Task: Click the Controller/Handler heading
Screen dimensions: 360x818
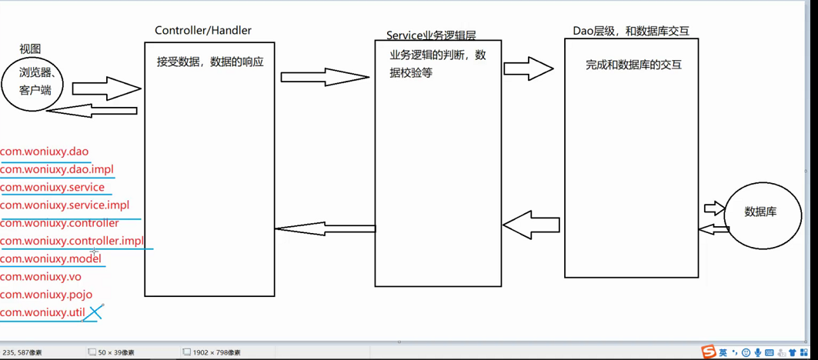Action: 203,31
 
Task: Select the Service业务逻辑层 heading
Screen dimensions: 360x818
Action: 431,35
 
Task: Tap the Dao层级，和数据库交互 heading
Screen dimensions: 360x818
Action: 631,32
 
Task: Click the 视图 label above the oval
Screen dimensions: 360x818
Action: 30,49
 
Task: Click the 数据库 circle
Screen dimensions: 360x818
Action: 760,212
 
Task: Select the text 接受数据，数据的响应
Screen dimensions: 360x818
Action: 210,62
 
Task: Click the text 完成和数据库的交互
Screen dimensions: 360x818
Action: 633,65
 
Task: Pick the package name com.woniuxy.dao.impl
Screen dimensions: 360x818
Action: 57,169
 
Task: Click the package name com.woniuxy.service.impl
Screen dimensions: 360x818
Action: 65,205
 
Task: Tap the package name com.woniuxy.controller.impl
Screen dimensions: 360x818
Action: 72,241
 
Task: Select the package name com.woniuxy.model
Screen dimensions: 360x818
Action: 51,258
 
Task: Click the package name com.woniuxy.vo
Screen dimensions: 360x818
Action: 41,277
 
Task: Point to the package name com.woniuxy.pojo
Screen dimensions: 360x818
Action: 46,295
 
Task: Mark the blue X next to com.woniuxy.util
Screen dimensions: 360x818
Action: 94,312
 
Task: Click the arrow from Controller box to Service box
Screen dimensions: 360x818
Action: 324,77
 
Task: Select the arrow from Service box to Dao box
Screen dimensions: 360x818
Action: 529,68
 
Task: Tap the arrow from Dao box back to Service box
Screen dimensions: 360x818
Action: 531,225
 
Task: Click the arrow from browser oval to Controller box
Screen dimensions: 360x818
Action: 112,88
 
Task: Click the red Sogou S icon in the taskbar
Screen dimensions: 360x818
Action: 709,352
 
